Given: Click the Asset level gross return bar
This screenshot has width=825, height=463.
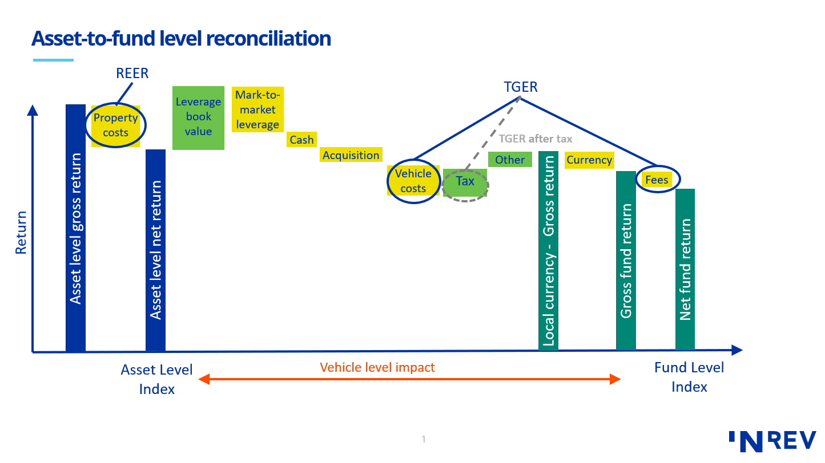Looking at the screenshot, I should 75,228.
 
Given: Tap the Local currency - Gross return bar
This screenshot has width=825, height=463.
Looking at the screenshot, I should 548,251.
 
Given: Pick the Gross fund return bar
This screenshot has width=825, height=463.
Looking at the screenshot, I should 626,260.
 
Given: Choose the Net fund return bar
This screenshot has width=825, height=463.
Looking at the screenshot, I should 685,269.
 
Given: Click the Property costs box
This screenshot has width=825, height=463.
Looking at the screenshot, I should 116,125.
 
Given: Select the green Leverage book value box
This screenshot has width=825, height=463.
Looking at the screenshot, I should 198,117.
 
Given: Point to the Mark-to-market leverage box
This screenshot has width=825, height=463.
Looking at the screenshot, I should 257,110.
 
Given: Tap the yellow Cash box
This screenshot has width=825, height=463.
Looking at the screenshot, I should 301,140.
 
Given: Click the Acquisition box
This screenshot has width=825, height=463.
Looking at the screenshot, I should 351,155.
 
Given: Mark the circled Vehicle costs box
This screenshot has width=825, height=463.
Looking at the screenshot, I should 413,181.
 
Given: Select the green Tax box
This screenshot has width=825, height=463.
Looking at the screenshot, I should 465,182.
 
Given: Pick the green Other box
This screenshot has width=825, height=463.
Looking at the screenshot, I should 510,160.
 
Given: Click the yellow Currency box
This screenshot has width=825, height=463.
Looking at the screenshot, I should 589,160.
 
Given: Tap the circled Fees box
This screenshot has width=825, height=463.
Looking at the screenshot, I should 657,180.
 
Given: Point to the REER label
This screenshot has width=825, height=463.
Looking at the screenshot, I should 132,74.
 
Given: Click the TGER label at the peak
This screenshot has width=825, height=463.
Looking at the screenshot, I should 520,87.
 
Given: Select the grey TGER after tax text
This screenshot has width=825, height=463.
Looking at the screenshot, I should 535,139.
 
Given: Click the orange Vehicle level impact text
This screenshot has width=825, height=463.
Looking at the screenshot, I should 377,368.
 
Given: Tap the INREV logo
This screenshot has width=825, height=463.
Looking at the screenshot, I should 772,440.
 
